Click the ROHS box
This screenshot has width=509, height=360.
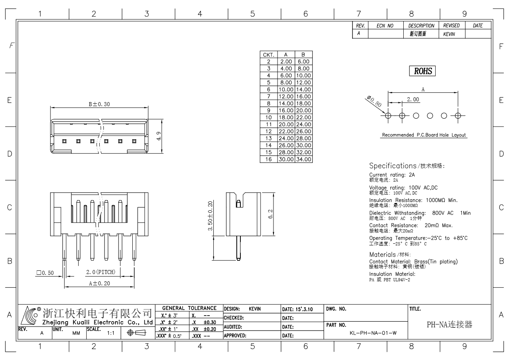(x=422, y=71)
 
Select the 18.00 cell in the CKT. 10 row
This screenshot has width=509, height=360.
(x=286, y=117)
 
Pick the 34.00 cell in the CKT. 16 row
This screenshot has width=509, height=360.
(x=304, y=159)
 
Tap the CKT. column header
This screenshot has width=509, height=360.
(x=269, y=54)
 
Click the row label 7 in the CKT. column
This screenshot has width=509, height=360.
(x=269, y=96)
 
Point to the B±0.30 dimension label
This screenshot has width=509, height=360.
(x=99, y=104)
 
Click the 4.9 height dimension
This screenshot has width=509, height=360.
(x=159, y=136)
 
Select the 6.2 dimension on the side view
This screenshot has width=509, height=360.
(x=270, y=214)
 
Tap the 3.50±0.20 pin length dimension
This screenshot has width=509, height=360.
(x=210, y=216)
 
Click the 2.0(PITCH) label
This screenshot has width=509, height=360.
(x=101, y=272)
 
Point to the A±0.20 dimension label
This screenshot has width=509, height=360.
(x=99, y=283)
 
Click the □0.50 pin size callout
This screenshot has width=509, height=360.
(x=45, y=273)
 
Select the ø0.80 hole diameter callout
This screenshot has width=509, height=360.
(x=374, y=101)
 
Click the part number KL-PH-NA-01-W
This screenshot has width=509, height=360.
(x=373, y=333)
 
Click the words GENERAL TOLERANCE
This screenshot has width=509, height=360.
(x=189, y=308)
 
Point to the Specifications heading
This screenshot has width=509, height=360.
(x=393, y=166)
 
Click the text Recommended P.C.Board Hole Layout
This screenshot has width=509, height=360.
(x=424, y=135)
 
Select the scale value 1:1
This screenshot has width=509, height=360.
(x=111, y=333)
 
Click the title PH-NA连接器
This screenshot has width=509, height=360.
(x=449, y=324)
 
